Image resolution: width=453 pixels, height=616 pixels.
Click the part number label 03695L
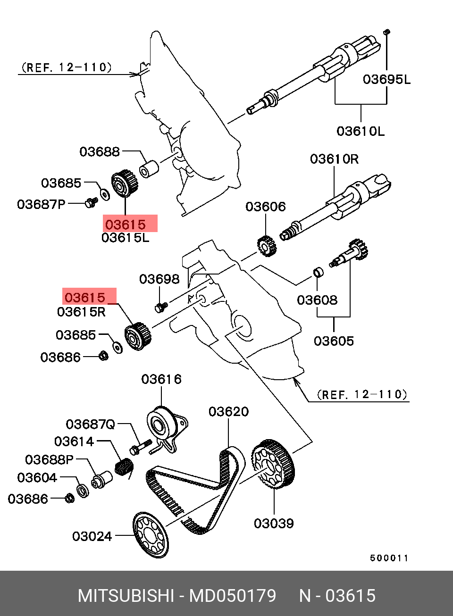[x=386, y=79]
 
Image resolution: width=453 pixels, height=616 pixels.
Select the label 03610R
[x=334, y=159]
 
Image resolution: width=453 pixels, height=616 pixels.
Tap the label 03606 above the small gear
[x=266, y=207]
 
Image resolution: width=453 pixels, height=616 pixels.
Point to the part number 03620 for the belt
[x=228, y=412]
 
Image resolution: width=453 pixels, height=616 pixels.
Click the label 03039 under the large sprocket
[x=274, y=523]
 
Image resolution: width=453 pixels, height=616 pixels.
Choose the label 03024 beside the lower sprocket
[x=92, y=536]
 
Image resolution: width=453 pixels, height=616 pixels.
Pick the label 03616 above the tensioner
[x=161, y=379]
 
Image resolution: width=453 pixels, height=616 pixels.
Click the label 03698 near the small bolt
[x=159, y=279]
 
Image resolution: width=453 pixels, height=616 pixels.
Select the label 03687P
[x=41, y=204]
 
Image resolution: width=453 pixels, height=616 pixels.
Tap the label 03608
[x=317, y=300]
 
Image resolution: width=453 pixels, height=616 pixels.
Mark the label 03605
[x=334, y=341]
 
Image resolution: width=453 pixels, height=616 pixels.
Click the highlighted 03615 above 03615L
[x=126, y=225]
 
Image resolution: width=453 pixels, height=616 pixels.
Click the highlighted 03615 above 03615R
[x=85, y=297]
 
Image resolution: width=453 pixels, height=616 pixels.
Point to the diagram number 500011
[x=389, y=558]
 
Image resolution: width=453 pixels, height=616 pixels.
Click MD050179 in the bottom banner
[x=232, y=596]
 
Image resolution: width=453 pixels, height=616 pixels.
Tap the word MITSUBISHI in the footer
[x=126, y=596]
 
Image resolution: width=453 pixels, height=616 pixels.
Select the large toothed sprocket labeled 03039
[x=273, y=465]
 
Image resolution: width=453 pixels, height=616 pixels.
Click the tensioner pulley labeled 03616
[x=159, y=425]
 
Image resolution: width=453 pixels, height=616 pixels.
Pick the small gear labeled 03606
[x=267, y=246]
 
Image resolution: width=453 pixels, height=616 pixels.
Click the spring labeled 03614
[x=124, y=467]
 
